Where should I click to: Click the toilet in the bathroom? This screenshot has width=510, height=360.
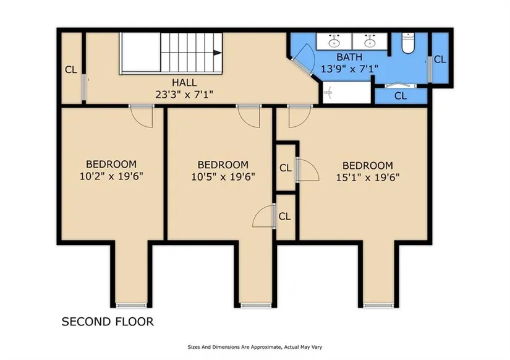coord(407,43)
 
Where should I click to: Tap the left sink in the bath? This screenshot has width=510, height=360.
coord(334,41)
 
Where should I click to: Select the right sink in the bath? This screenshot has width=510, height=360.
coord(369,41)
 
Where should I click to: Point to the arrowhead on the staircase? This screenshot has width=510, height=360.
coord(217,53)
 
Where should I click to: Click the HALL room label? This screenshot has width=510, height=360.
coord(184,82)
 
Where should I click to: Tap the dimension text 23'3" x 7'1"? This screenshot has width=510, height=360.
coord(184,95)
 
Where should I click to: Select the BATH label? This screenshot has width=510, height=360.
coord(349,58)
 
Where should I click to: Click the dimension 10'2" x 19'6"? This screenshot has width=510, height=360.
coord(111,176)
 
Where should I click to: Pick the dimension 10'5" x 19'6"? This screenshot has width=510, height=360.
coord(223,177)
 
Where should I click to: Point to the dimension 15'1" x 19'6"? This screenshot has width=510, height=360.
coord(368,178)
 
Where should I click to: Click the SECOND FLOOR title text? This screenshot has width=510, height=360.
coord(108,322)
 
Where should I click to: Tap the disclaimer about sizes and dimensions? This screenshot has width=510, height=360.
coord(255,347)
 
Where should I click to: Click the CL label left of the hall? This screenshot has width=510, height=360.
coord(71,70)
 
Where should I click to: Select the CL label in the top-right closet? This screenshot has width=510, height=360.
coord(440,59)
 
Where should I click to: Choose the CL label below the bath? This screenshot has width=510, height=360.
coord(401,96)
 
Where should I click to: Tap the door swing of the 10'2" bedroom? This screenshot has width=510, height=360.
coord(142,116)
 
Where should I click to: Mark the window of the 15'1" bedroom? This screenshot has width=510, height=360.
coord(378,305)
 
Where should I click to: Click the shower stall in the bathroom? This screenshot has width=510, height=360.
coord(347,92)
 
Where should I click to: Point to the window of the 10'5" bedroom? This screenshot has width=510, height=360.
coord(256,305)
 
